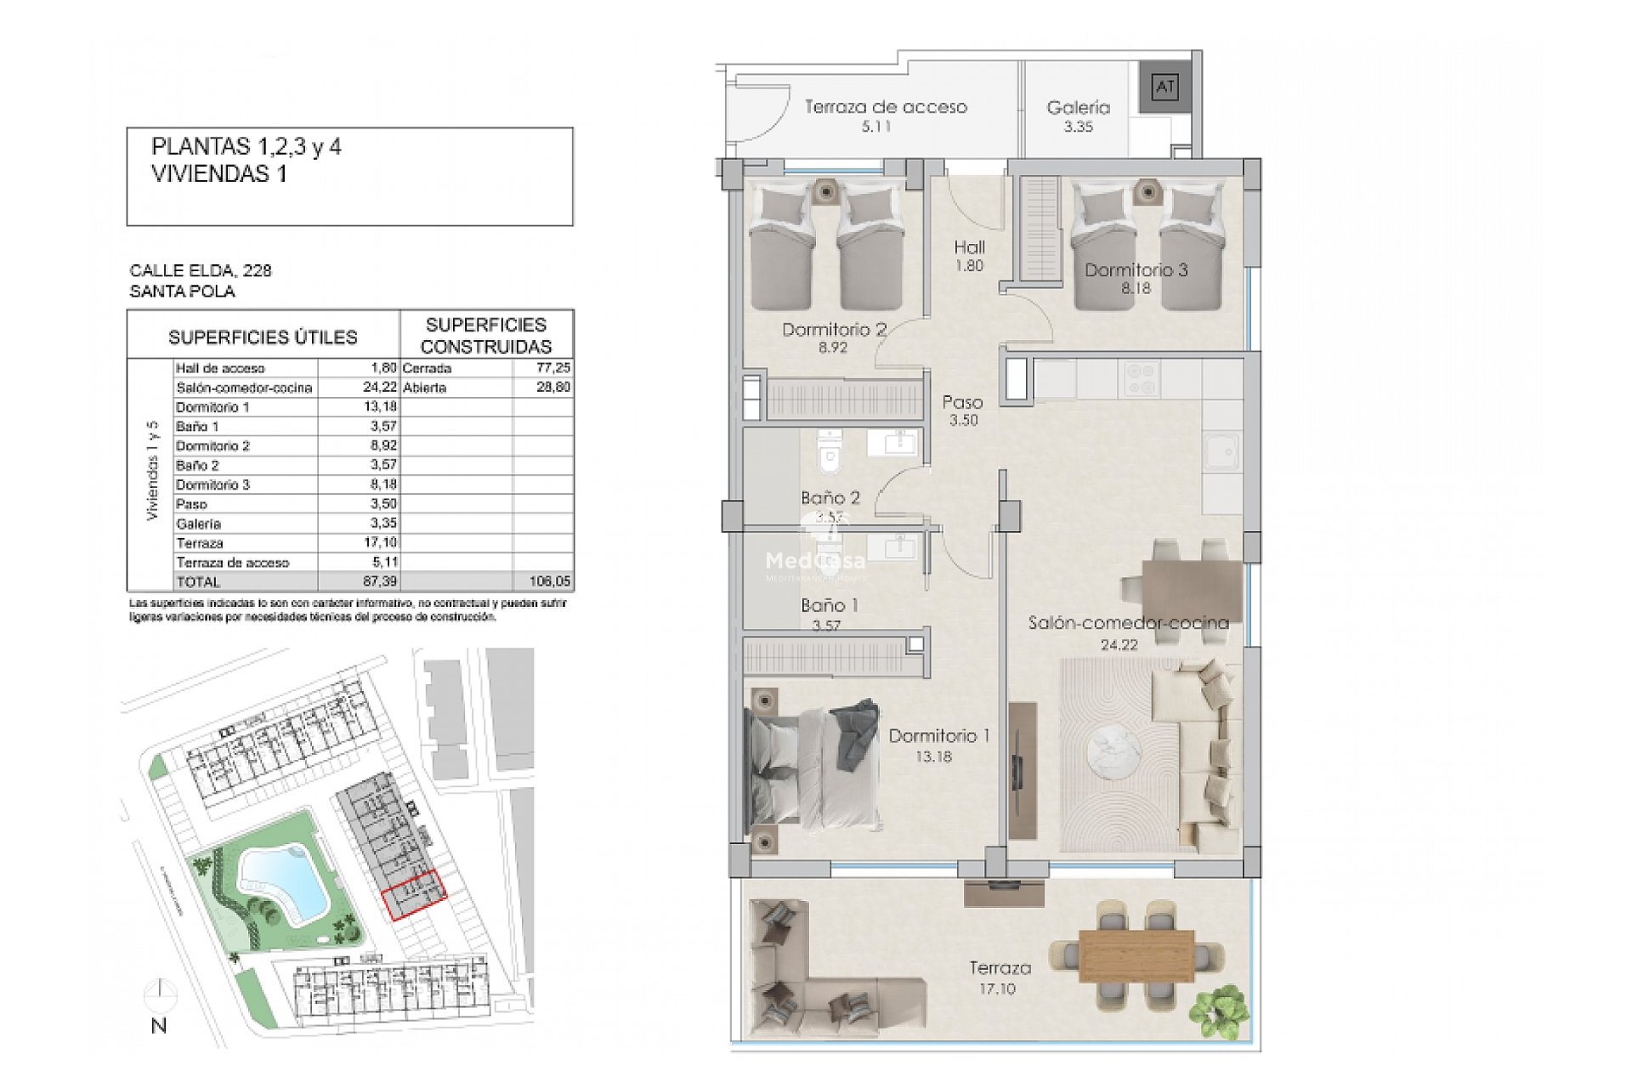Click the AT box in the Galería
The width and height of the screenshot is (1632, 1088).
[1164, 87]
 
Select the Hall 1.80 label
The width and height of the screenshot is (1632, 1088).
[969, 255]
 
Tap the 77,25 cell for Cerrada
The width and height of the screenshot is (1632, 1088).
[553, 368]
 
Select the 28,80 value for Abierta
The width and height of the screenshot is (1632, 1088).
[553, 388]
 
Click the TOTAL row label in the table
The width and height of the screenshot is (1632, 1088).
[198, 582]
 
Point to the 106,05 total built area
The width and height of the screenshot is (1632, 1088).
[551, 582]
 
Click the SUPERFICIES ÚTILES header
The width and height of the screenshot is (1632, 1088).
[263, 337]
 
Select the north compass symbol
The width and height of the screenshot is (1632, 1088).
[160, 994]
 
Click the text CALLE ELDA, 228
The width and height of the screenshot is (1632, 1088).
[201, 270]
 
